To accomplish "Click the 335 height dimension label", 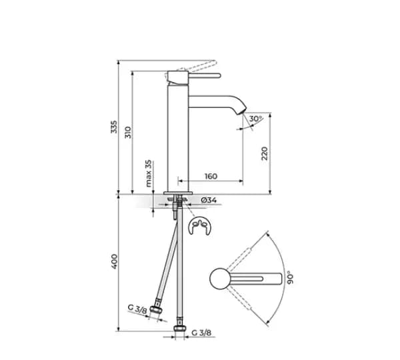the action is click(114, 127).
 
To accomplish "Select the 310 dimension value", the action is click(128, 133).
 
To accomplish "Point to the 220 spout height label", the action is click(265, 153).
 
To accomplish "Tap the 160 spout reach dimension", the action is click(211, 176).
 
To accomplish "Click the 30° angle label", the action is click(255, 119).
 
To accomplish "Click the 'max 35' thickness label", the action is click(148, 173).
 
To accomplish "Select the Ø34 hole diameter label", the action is click(209, 200).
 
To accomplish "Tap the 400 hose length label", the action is click(114, 261).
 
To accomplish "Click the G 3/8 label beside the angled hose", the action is click(137, 309).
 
